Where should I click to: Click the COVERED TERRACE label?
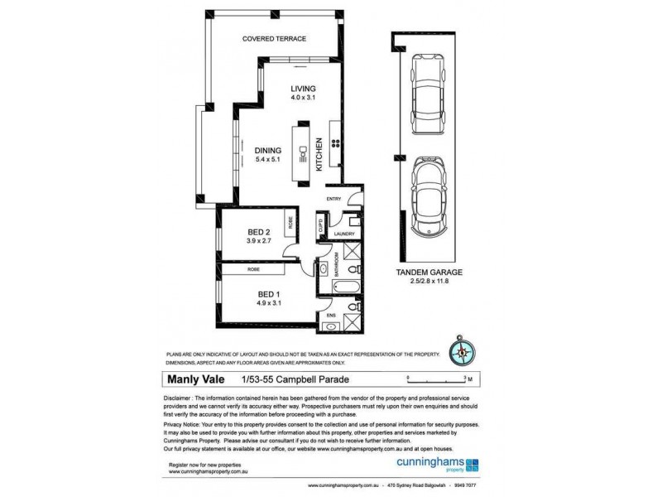(x=274, y=39)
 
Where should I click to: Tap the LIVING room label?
(x=303, y=89)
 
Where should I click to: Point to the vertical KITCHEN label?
(x=319, y=154)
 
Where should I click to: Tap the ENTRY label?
(x=333, y=200)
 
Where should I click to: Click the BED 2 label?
(x=258, y=231)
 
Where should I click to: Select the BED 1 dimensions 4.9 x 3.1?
(x=267, y=303)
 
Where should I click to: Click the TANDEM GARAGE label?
(x=428, y=272)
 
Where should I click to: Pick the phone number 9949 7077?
(x=465, y=485)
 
